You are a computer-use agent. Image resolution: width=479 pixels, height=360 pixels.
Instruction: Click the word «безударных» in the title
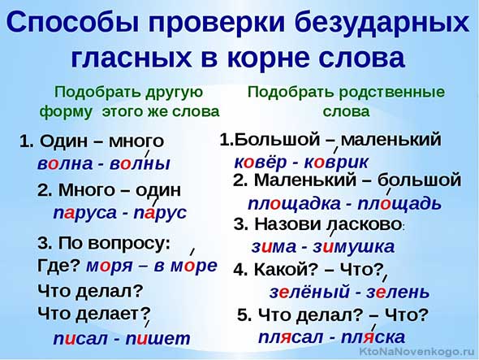382,23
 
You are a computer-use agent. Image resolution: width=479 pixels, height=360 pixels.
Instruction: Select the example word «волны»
140,163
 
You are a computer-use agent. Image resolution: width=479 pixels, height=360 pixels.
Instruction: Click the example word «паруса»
85,213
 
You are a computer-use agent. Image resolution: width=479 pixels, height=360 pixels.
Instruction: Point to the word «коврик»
336,162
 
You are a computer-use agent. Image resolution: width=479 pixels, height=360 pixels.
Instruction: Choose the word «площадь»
399,203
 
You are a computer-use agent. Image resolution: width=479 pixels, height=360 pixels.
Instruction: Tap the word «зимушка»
353,247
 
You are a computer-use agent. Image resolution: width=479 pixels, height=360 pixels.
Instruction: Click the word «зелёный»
309,292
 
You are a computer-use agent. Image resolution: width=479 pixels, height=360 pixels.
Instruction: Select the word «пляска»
373,337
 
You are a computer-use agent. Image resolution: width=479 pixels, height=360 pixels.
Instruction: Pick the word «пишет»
158,339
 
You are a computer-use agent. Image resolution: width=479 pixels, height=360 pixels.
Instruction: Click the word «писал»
80,339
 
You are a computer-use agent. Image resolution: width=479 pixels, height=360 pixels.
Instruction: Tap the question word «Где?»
58,266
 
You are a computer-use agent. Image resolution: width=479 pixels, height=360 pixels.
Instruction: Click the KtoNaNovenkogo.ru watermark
417,352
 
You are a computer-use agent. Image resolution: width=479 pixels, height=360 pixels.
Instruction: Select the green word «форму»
66,111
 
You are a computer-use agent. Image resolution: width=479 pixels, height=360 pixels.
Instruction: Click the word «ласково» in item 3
365,224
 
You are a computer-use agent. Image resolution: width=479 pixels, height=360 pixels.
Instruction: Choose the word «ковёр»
260,162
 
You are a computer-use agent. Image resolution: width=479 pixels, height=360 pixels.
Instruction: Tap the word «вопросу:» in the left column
130,244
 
